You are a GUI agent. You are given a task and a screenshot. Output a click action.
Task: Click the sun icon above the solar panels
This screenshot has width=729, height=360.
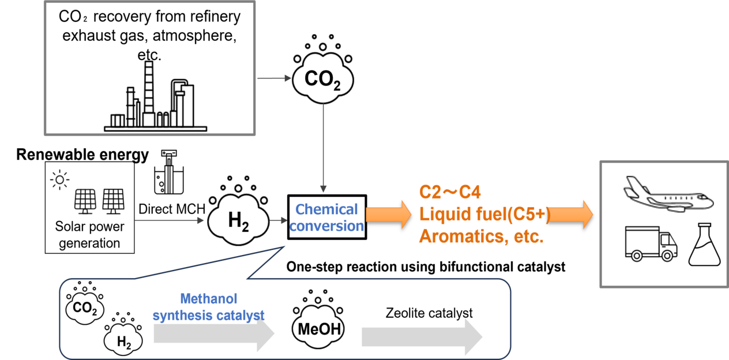[x=59, y=180]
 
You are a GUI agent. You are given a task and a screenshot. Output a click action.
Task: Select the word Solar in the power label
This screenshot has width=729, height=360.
[x=69, y=227]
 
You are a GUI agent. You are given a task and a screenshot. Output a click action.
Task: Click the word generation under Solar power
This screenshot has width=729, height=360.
[x=89, y=243]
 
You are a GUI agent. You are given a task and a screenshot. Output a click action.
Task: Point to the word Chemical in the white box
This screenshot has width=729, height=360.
[x=326, y=209]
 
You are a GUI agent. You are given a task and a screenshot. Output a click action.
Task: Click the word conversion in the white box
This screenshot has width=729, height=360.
[x=326, y=226]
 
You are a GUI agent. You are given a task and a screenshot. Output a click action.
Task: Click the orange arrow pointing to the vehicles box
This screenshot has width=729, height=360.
[x=571, y=215]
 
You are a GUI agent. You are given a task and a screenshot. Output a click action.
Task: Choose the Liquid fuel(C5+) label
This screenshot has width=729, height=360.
[x=483, y=215]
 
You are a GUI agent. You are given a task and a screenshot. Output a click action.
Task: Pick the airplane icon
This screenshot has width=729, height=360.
[x=668, y=194]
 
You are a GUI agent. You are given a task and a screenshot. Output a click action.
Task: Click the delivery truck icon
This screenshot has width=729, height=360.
[x=651, y=243]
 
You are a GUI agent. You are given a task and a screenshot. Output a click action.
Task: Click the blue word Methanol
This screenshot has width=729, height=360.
[x=209, y=299]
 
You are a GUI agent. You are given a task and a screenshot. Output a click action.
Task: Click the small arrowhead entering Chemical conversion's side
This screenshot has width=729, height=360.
[x=280, y=220]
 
